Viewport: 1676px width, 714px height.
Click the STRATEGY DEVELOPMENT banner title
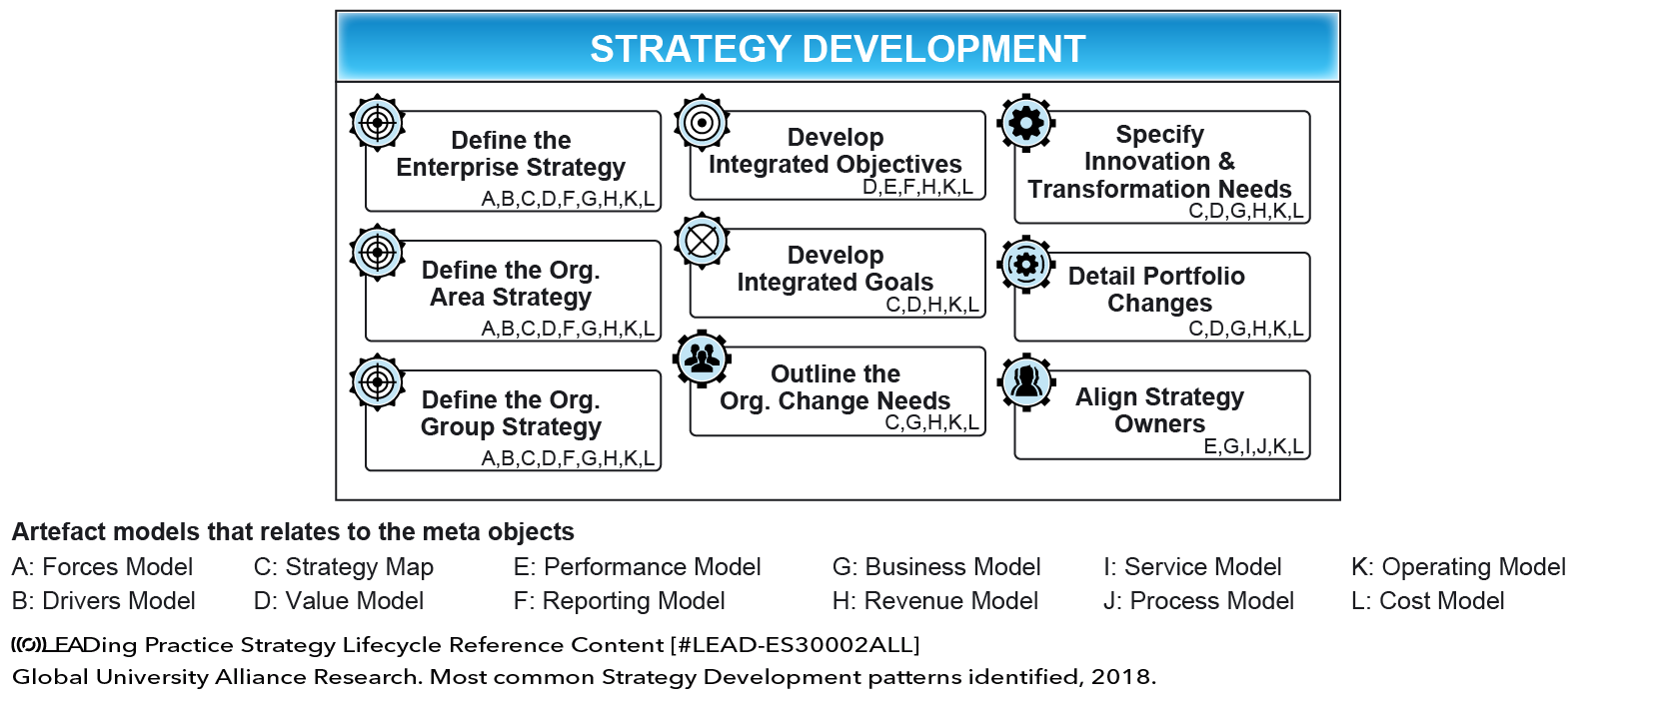(x=838, y=49)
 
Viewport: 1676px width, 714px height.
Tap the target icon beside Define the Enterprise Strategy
(x=377, y=123)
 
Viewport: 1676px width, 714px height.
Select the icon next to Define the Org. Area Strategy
(x=377, y=253)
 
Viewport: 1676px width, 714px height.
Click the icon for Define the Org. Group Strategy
(x=377, y=382)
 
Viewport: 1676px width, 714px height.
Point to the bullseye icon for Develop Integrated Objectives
(x=701, y=123)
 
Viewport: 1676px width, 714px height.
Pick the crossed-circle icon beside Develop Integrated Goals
(x=701, y=242)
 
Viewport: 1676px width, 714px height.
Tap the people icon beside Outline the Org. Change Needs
(x=701, y=358)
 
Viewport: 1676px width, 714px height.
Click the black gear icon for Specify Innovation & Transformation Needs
(x=1025, y=123)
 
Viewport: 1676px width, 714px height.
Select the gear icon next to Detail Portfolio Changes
(x=1025, y=264)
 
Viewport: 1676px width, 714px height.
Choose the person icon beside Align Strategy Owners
(x=1025, y=382)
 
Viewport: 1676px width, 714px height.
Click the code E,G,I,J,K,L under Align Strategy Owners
(x=1253, y=446)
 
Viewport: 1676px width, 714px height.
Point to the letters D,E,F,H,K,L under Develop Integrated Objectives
(x=918, y=187)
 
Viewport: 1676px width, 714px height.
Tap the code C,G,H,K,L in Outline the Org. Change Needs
(x=932, y=422)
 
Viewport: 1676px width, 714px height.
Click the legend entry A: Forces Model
(x=102, y=567)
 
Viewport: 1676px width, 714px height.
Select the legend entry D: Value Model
(x=338, y=600)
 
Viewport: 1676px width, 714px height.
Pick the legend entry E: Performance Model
(x=637, y=567)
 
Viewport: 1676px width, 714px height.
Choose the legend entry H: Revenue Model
(x=935, y=600)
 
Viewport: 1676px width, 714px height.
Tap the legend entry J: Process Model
(x=1198, y=600)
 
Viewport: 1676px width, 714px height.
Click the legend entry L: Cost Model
(x=1427, y=600)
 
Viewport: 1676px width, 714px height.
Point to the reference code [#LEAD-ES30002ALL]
(x=796, y=644)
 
